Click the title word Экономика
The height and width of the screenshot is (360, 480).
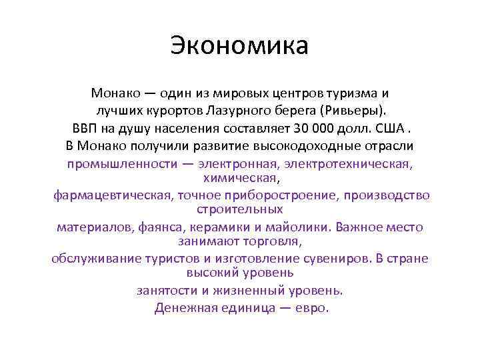coord(239,46)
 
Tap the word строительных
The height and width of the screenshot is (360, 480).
coord(240,209)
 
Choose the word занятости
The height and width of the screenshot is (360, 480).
coord(167,290)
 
